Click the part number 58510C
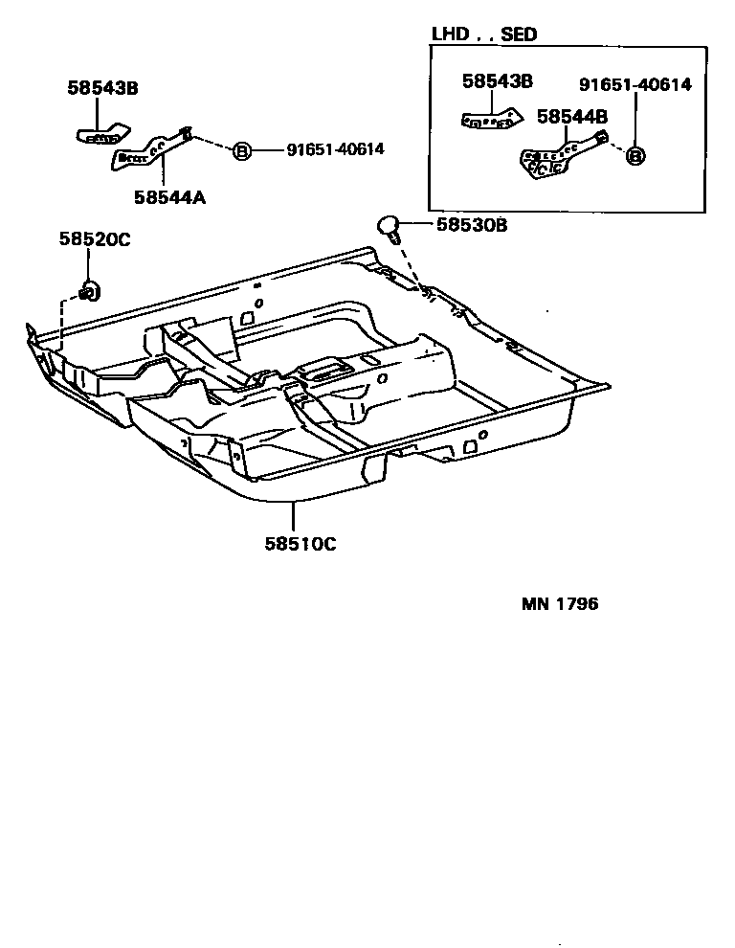(x=301, y=544)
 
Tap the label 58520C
(x=96, y=239)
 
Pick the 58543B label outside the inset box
(x=103, y=87)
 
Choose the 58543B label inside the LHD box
(x=497, y=81)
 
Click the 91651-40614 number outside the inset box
(x=335, y=149)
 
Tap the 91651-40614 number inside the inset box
(x=635, y=84)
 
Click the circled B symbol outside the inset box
(x=242, y=150)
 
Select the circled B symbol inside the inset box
(x=635, y=154)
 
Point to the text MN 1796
(x=560, y=604)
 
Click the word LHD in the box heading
(x=451, y=34)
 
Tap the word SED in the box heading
(x=519, y=34)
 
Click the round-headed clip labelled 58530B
(x=388, y=227)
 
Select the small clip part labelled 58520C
(x=88, y=291)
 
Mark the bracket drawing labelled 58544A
(x=153, y=148)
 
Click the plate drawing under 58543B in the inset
(x=489, y=120)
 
